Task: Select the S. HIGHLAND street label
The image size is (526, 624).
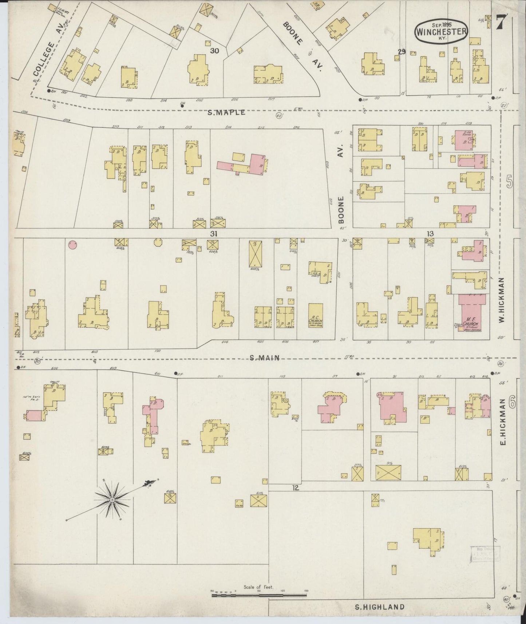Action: click(380, 607)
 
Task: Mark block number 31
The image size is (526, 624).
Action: click(214, 234)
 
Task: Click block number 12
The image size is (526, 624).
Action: click(296, 488)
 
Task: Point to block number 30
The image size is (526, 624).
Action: click(214, 51)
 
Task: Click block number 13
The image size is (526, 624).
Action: click(430, 233)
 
